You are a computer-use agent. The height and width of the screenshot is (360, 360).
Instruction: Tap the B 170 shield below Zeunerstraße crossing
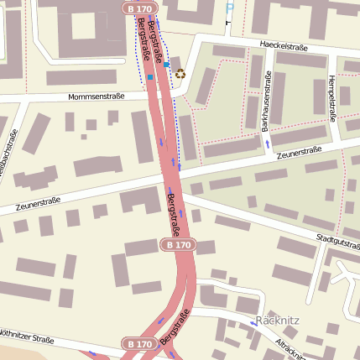[x=177, y=245]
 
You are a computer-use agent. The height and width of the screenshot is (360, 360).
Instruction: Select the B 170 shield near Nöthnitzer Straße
[x=139, y=343]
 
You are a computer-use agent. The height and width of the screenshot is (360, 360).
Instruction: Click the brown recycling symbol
[x=180, y=73]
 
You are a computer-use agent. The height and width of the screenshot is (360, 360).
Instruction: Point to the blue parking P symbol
[x=230, y=8]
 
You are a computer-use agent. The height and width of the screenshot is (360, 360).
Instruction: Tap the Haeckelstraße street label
[x=280, y=44]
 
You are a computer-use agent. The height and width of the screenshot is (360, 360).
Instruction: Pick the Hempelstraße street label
[x=332, y=102]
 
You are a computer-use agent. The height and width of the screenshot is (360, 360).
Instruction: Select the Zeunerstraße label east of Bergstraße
[x=300, y=152]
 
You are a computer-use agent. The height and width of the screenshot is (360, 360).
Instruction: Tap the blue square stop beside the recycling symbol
[x=167, y=64]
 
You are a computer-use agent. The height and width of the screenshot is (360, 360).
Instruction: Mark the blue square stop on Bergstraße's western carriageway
[x=149, y=77]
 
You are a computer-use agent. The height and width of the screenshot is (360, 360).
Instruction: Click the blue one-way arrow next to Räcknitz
[x=253, y=323]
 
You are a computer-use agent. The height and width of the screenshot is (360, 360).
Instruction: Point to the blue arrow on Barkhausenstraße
[x=267, y=143]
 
